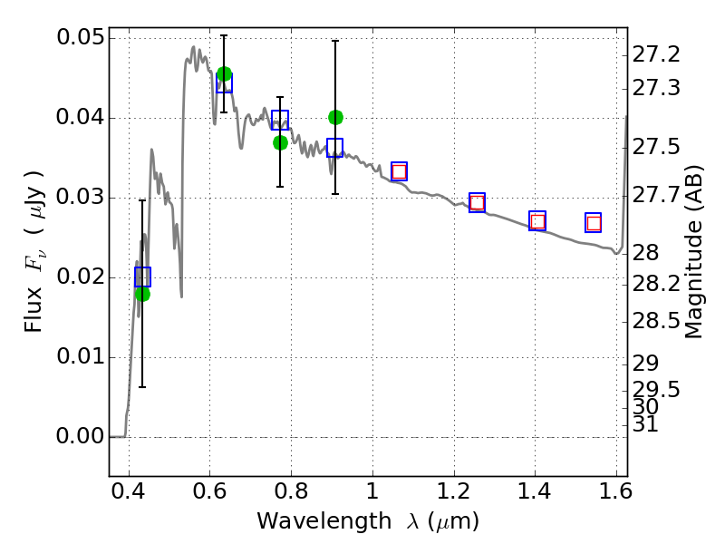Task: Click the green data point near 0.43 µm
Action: (x=142, y=294)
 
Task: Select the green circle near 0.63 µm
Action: (x=224, y=73)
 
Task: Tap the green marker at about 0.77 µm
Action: (x=280, y=143)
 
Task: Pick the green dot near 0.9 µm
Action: (x=335, y=118)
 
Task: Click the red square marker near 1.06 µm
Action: (x=399, y=172)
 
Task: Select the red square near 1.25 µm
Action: (x=478, y=202)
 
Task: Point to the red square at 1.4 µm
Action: (x=537, y=221)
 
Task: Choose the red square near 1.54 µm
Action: (x=594, y=223)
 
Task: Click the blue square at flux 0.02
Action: (x=142, y=277)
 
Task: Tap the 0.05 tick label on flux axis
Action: (x=81, y=37)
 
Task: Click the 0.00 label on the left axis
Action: (x=81, y=436)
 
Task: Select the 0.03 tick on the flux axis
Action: (x=81, y=197)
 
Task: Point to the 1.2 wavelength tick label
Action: (x=454, y=491)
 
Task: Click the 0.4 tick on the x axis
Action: (x=129, y=491)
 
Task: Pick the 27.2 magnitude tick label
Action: (x=656, y=54)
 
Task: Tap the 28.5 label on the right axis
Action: (x=656, y=321)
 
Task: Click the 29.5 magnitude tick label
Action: (x=656, y=390)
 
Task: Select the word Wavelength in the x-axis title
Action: (x=324, y=521)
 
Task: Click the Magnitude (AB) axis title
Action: (x=692, y=252)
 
